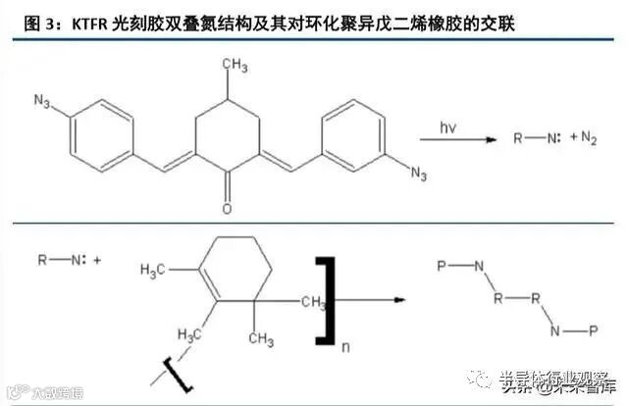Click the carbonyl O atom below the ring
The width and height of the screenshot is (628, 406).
pyautogui.click(x=227, y=210)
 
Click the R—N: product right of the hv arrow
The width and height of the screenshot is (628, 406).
pyautogui.click(x=537, y=139)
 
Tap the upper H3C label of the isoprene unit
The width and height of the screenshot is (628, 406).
pyautogui.click(x=157, y=269)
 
